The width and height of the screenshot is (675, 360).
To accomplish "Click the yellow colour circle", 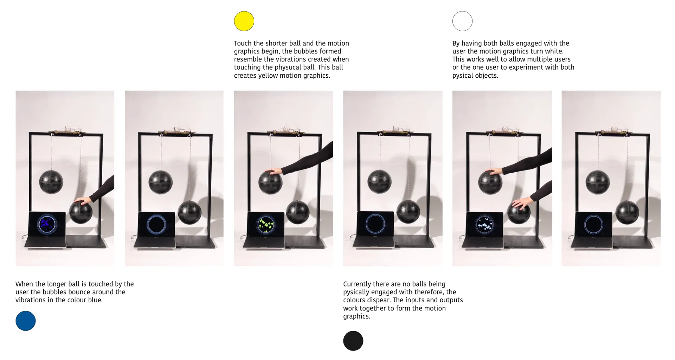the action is point(244,21).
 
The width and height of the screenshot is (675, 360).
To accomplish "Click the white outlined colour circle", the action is point(462,21).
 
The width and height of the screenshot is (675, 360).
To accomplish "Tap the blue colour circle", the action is point(26,321).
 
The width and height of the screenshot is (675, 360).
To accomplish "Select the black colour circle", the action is point(353,341).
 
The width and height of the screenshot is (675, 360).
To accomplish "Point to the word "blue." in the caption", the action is point(95,300).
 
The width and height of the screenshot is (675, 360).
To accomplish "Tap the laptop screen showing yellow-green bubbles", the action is point(266,224).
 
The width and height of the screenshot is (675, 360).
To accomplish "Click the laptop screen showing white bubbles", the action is point(484,224).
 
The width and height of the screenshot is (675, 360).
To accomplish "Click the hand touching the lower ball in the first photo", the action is point(83,200).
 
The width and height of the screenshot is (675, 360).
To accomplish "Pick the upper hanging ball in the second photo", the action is point(160,182).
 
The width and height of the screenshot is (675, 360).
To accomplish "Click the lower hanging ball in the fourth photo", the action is point(408,212).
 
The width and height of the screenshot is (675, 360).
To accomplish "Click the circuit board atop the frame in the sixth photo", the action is point(613,131).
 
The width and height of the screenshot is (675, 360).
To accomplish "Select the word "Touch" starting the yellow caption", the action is point(243,43).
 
